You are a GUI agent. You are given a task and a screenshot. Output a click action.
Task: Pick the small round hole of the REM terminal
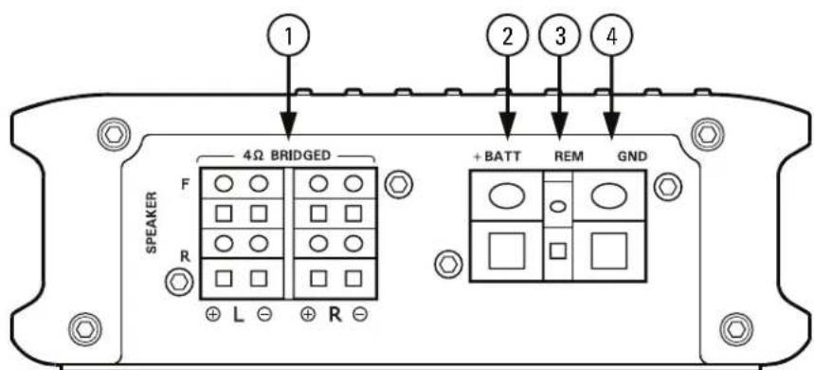click(x=559, y=206)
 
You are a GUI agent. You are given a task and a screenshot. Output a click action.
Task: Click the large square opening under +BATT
click(x=505, y=251)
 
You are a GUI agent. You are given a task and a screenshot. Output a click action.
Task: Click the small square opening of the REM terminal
click(x=559, y=251)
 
